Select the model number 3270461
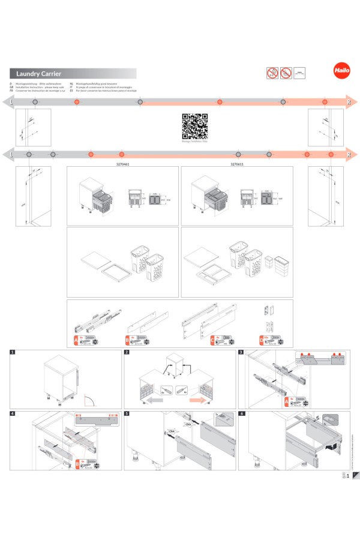pos(122,163)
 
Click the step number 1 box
pos(13,352)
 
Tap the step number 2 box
pos(127,352)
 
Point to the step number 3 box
pos(241,352)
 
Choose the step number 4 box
pos(13,413)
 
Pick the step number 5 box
pos(127,413)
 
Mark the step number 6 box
pos(241,413)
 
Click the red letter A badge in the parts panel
pos(75,340)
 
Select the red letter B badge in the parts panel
pos(128,340)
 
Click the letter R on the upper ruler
pos(349,103)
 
